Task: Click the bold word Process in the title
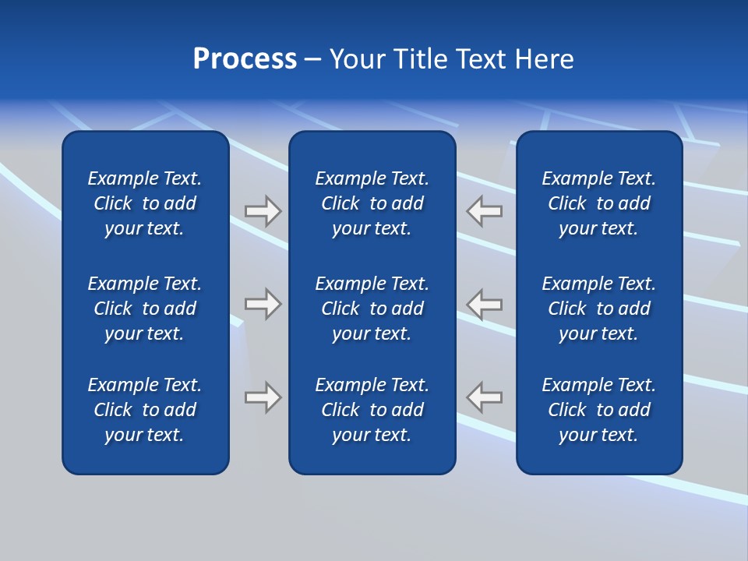(245, 59)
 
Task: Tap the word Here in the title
(544, 59)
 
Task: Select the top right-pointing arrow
(263, 211)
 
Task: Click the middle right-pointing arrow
(263, 304)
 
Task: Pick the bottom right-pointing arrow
(263, 397)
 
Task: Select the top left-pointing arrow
(485, 211)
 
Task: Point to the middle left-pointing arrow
(485, 304)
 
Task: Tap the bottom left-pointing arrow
(485, 397)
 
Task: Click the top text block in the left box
(145, 203)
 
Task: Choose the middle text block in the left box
(145, 309)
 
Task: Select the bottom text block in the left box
(145, 410)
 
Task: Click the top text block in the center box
(372, 203)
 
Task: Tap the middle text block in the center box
(372, 309)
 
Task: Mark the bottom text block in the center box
(372, 410)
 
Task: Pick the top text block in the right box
(599, 203)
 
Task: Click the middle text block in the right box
(599, 309)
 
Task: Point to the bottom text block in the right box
(599, 410)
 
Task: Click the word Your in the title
(358, 59)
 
